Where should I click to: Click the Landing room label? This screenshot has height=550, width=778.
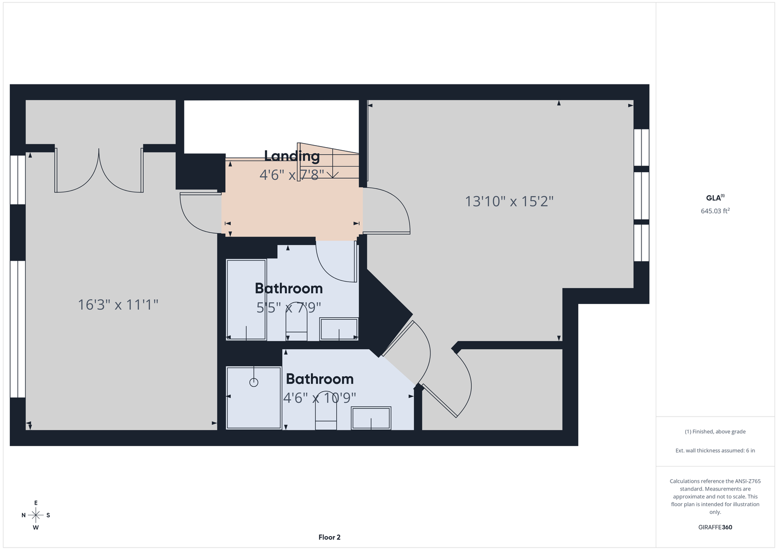[292, 156]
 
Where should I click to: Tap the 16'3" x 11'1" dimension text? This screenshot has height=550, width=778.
[118, 305]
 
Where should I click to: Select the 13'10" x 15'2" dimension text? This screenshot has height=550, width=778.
[509, 201]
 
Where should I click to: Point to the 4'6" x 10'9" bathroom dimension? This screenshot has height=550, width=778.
[319, 398]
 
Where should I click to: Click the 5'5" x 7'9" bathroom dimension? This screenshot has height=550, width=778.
[288, 307]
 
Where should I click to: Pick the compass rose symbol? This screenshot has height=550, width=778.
[36, 515]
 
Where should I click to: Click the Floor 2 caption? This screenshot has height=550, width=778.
[329, 537]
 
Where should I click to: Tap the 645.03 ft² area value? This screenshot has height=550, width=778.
[715, 211]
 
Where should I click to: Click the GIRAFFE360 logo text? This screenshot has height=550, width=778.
[715, 527]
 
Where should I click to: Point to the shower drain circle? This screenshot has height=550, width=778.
[254, 382]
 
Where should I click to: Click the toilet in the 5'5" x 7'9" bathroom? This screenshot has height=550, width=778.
[296, 321]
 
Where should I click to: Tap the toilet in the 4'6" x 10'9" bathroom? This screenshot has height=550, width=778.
[326, 410]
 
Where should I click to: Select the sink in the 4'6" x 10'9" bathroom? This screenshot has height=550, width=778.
[371, 418]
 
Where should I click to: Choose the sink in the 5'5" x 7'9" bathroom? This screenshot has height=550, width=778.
[339, 329]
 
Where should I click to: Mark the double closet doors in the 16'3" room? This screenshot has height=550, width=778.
[99, 170]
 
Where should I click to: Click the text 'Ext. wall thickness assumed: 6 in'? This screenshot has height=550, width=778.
[715, 450]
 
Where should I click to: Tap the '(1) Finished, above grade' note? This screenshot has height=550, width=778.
[715, 432]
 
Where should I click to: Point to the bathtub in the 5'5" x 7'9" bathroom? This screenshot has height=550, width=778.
[246, 299]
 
